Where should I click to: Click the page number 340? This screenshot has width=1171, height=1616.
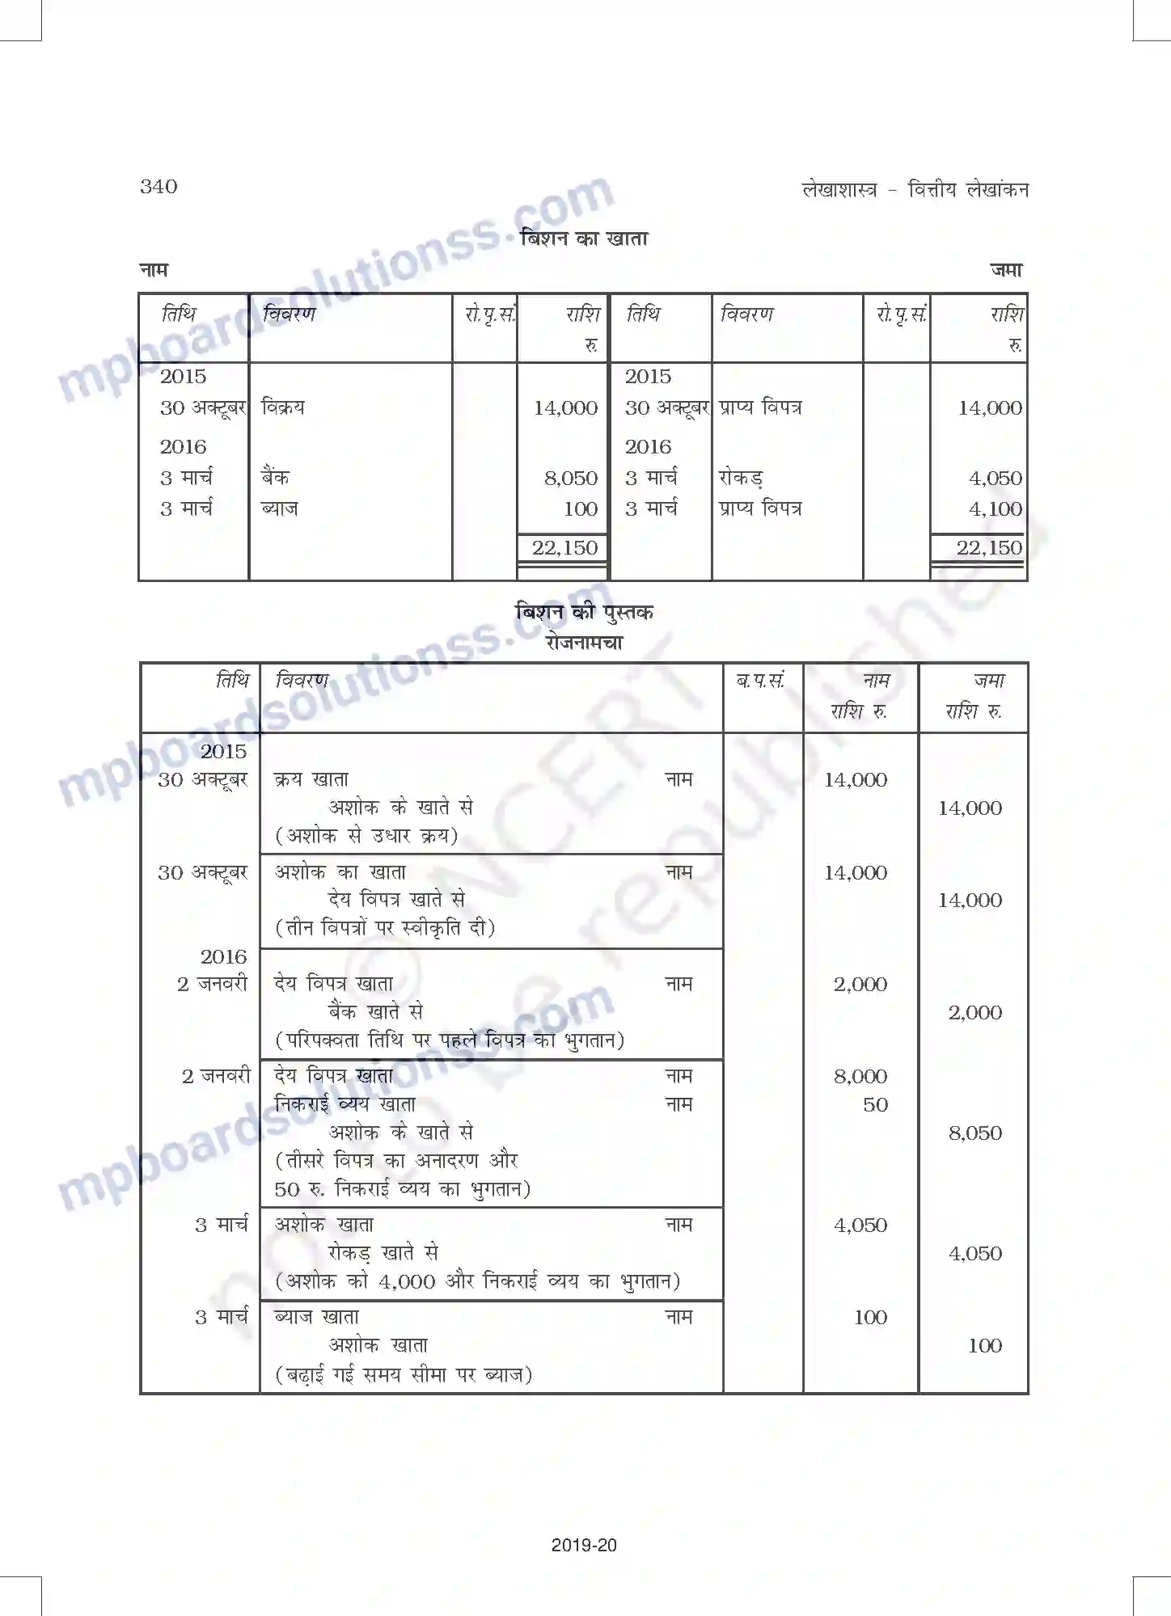coord(159,187)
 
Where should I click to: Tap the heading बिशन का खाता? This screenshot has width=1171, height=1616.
coord(584,239)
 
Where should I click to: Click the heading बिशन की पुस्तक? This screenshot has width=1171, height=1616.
coord(584,612)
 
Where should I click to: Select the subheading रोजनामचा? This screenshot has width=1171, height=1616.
coord(584,643)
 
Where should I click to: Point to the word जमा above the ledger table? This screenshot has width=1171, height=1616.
coord(1006,271)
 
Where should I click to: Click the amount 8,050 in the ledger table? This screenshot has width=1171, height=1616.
coord(570,479)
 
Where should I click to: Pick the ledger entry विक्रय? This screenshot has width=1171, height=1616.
coord(283,407)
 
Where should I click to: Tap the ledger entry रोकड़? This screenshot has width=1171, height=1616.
coord(740,479)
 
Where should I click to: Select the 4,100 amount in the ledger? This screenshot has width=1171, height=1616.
coord(995,509)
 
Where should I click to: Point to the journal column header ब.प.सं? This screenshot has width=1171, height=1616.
coord(760,681)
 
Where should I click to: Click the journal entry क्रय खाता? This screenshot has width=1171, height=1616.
coord(311,780)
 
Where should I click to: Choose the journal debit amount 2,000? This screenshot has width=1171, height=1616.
coord(860,985)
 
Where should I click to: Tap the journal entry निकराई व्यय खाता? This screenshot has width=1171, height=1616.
coord(345,1105)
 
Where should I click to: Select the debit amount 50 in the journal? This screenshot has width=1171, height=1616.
coord(875,1105)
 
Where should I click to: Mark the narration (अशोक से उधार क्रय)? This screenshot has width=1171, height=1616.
coord(367,836)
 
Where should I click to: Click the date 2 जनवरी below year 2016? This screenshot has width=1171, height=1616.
coord(212,985)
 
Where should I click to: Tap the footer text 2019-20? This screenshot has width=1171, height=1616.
coord(584,1546)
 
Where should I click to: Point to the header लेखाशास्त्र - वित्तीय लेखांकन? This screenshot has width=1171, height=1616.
coord(915,190)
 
